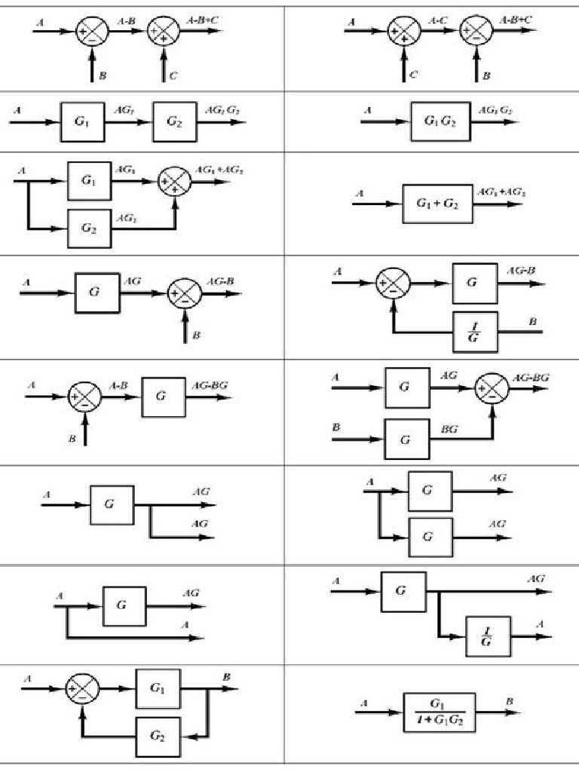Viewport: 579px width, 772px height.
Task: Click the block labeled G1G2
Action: pos(440,121)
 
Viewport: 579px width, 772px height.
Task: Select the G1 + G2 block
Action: pos(437,204)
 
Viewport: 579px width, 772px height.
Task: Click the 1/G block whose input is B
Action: pos(474,332)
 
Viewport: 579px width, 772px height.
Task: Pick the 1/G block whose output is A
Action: pos(487,636)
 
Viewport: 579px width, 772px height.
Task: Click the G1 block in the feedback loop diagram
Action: pos(158,688)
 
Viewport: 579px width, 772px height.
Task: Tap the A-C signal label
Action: pos(437,21)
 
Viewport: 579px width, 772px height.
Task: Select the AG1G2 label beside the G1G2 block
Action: pos(495,111)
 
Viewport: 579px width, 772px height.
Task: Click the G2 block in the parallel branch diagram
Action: pos(89,227)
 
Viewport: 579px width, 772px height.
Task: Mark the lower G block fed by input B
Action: pos(406,440)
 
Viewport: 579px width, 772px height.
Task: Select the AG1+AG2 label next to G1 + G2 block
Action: pos(501,193)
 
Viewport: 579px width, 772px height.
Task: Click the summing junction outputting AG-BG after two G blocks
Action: pos(491,389)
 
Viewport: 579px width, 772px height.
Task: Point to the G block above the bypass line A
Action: pos(124,605)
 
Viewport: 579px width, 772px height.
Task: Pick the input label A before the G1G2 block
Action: pos(367,111)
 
